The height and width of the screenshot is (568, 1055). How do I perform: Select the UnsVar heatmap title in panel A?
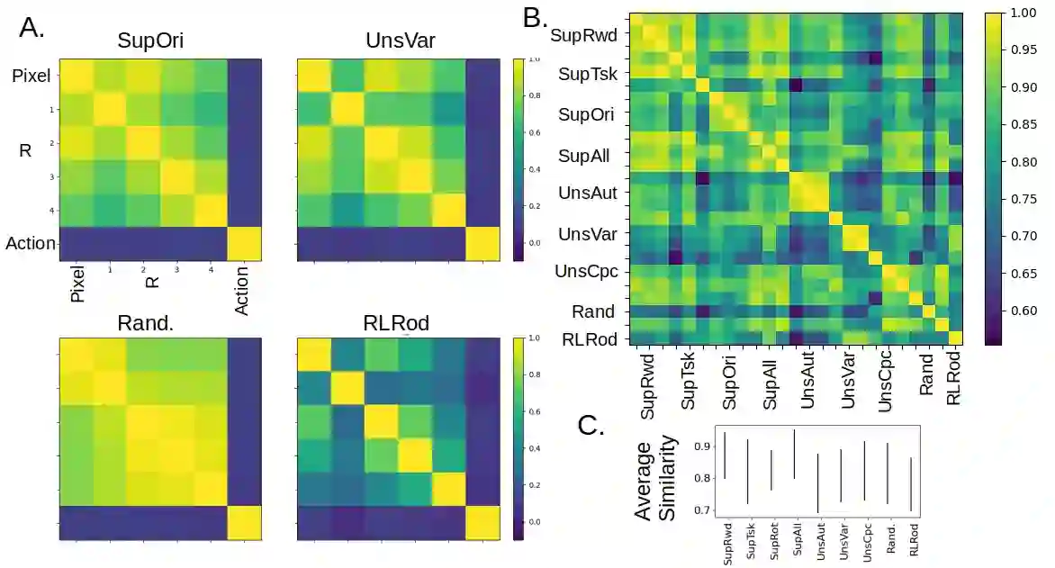point(398,41)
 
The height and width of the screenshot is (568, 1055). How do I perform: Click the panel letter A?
point(32,28)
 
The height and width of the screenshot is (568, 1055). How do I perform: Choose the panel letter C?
point(591,426)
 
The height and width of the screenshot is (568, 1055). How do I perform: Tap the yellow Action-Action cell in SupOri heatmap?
point(244,244)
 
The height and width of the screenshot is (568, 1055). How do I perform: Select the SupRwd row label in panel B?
point(582,37)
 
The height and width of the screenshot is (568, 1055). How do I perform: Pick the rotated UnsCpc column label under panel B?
point(886,383)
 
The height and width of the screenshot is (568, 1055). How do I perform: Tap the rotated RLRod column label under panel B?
point(954,379)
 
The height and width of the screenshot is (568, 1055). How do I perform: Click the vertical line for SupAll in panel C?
point(794,454)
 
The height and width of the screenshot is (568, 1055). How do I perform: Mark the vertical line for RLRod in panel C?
point(911,484)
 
